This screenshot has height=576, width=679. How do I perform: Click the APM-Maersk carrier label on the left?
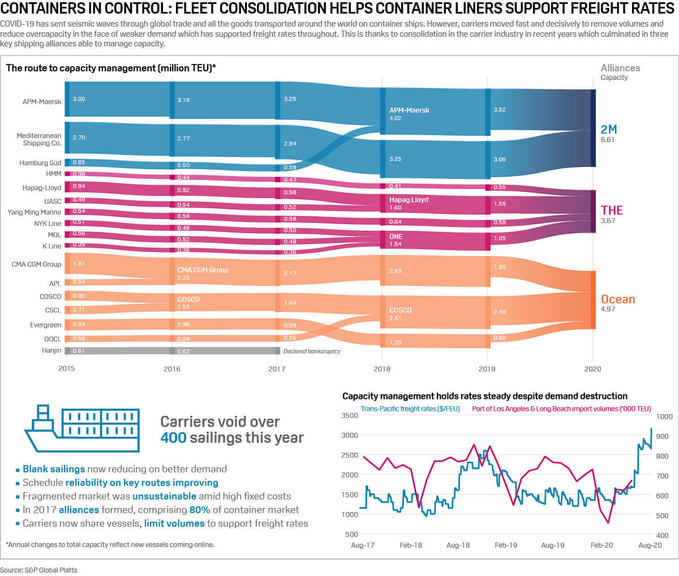(x=42, y=102)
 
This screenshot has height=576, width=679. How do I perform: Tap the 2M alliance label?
(x=608, y=130)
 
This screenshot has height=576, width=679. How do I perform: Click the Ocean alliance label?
(x=617, y=299)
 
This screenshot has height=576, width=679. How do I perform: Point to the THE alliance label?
(x=612, y=210)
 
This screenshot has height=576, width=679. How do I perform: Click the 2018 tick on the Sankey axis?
(x=382, y=369)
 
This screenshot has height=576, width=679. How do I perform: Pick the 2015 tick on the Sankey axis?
(x=67, y=369)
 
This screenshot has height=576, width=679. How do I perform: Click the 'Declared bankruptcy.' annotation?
(x=312, y=351)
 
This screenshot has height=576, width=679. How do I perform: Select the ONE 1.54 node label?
(x=396, y=240)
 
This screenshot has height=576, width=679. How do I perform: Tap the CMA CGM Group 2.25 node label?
(x=203, y=273)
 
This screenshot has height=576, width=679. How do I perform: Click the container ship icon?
(x=82, y=428)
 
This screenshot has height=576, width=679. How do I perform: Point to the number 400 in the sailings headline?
(x=173, y=438)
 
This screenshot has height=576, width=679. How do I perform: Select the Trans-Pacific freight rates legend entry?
(x=410, y=409)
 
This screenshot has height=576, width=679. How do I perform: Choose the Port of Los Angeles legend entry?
(x=561, y=409)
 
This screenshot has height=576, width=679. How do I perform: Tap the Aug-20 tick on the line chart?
(x=650, y=545)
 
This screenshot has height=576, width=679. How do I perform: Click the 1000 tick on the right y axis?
(x=664, y=416)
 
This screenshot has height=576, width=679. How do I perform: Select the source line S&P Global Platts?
(x=38, y=570)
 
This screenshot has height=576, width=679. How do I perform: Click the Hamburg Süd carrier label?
(x=40, y=163)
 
